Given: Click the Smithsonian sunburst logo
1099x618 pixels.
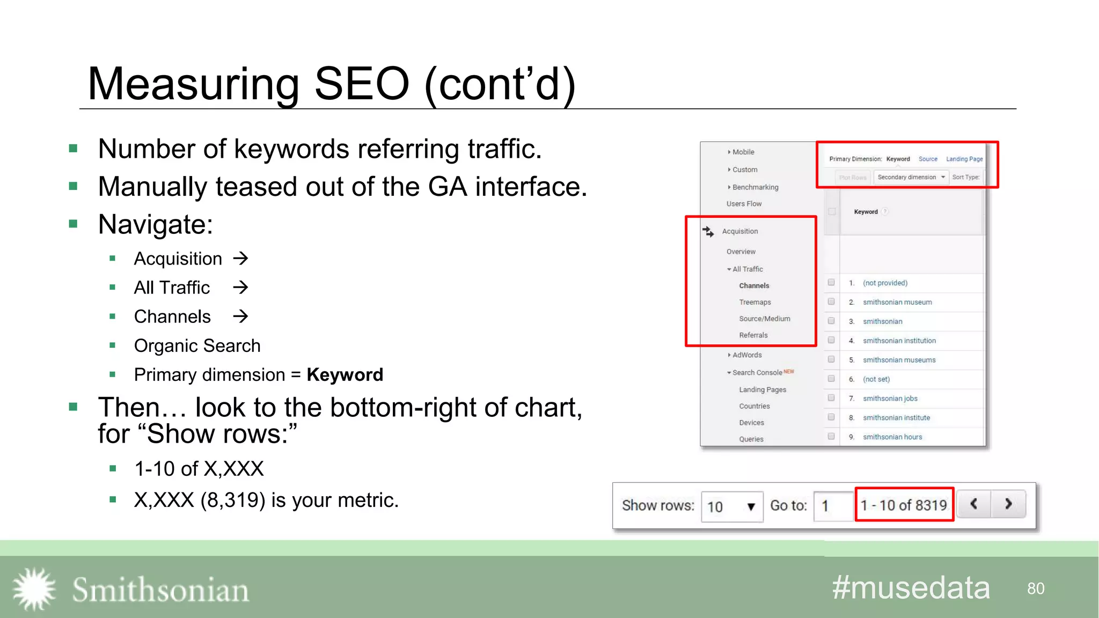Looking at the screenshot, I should click(x=34, y=589).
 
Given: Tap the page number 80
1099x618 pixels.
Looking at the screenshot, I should click(x=1036, y=588).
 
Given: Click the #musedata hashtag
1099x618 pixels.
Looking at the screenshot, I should click(x=911, y=587).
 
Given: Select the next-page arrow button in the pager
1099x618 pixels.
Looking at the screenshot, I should click(x=1008, y=504).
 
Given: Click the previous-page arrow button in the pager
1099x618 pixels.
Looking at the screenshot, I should click(x=973, y=504).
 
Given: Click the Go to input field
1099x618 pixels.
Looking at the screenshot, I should click(x=833, y=506).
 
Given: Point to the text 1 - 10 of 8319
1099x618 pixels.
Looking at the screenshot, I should click(x=904, y=505).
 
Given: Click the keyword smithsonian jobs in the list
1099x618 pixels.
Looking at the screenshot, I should click(x=890, y=399).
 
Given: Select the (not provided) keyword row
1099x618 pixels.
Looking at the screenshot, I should click(x=885, y=283).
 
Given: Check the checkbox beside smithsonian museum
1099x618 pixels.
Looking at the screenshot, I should click(x=831, y=301).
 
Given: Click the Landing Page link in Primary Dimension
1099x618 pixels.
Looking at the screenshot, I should click(x=964, y=159).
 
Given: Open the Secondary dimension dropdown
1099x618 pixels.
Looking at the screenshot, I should click(x=911, y=177).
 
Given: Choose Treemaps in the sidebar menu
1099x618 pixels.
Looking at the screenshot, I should click(x=754, y=302).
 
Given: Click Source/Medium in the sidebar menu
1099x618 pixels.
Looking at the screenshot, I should click(x=764, y=319).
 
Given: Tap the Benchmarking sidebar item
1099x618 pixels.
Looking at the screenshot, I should click(x=755, y=187).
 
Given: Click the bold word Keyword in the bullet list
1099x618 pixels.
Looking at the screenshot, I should click(x=345, y=374).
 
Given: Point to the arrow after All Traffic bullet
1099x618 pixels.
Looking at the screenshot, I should click(x=240, y=288).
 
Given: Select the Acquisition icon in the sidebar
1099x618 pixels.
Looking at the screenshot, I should click(x=708, y=231).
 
